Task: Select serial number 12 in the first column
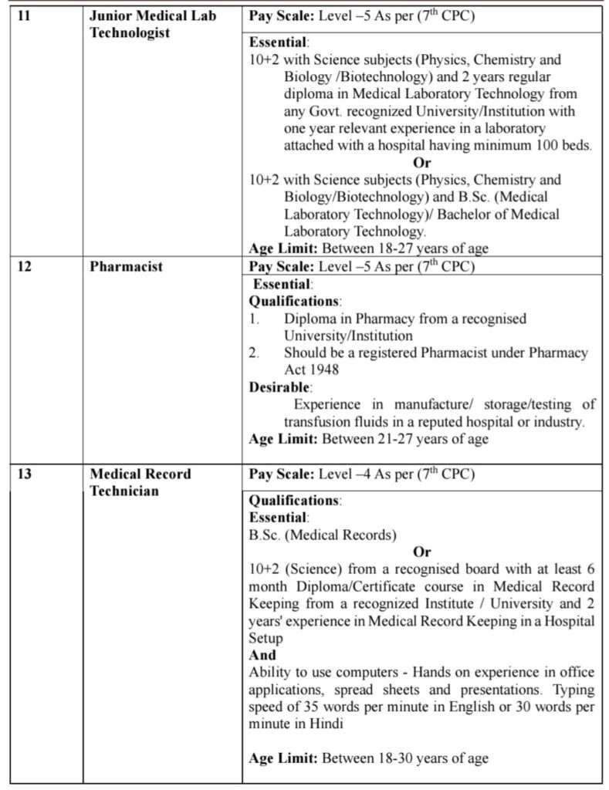(24, 267)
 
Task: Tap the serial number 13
(24, 474)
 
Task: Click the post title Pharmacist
(126, 267)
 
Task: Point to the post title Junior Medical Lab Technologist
(153, 25)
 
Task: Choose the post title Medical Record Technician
(140, 482)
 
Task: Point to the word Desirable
(279, 387)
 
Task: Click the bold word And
(262, 655)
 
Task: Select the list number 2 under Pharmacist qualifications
(254, 353)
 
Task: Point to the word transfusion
(318, 422)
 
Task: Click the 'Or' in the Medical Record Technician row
(421, 552)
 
